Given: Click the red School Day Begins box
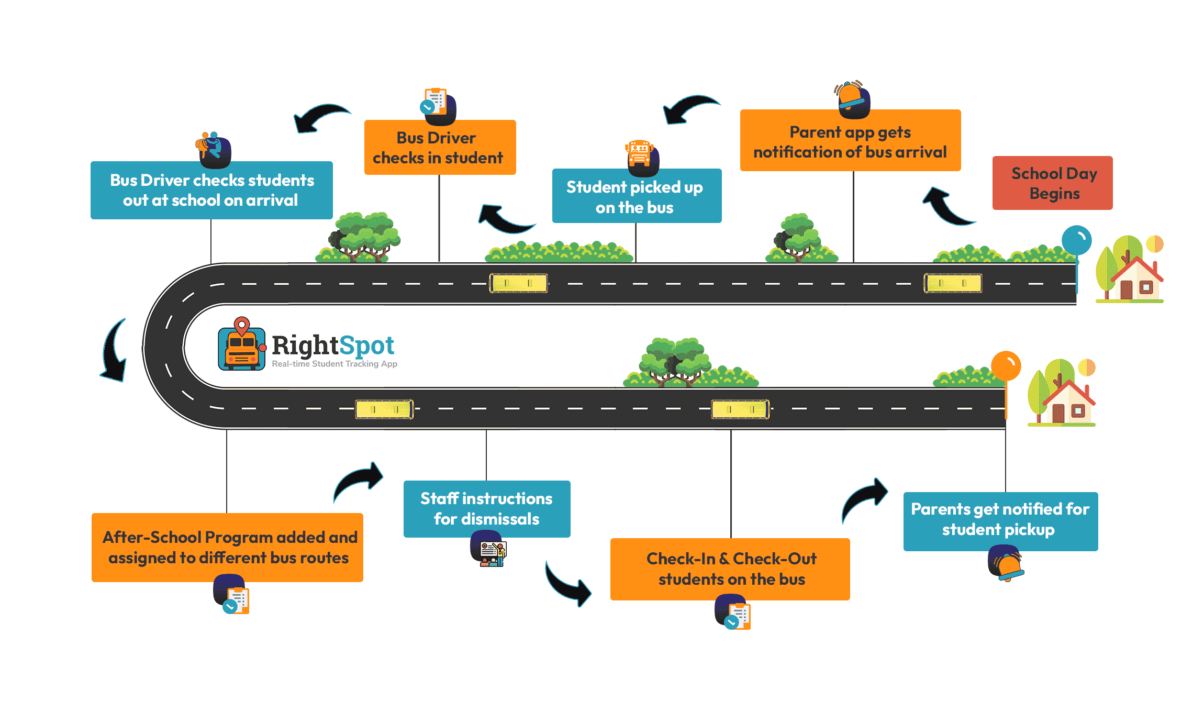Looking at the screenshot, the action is coord(1052,183).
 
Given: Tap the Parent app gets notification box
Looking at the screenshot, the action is coord(850,140).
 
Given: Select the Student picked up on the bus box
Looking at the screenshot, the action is coord(637,196).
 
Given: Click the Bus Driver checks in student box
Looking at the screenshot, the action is coord(440,147).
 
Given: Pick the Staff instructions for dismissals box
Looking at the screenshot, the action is coord(487,509).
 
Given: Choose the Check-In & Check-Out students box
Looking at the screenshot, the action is coord(730,569).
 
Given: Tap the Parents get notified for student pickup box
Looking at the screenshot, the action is coord(1000,521).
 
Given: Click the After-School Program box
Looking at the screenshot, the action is coord(227,548).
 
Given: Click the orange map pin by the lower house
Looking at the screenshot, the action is coord(1006,365).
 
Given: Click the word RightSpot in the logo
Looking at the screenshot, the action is coord(333,346).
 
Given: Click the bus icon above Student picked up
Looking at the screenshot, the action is coord(642,158).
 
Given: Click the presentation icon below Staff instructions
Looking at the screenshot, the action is coord(488,549).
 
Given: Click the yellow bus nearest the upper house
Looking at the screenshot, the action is coord(953,283).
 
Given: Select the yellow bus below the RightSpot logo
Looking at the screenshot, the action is coord(384,409).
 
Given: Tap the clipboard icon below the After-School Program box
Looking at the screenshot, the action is coord(231,594).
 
